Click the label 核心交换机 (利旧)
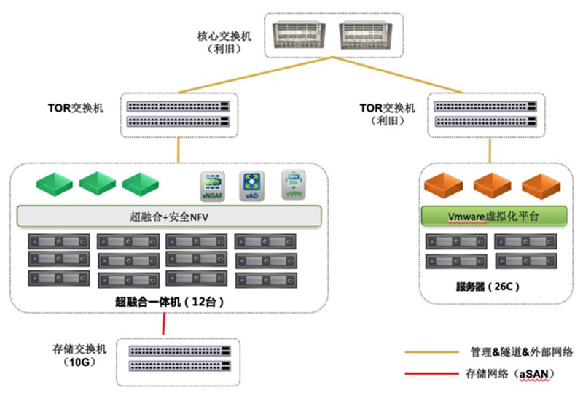(x=225, y=42)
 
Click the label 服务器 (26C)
(x=494, y=287)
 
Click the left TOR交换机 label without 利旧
(x=79, y=108)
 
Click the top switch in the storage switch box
(x=179, y=351)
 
